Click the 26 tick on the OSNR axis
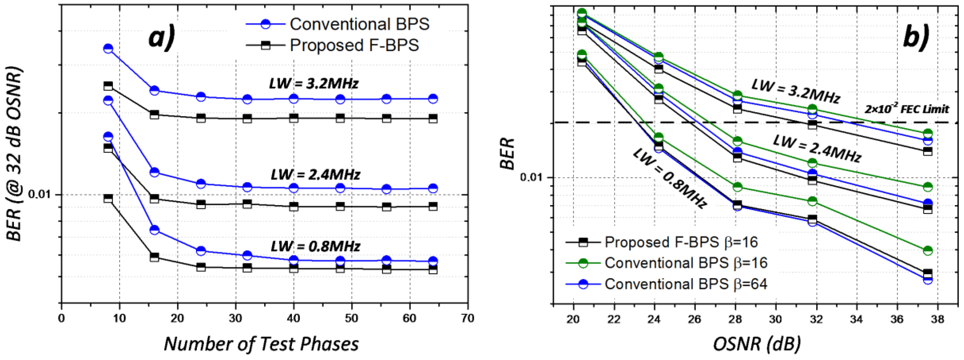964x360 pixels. pos(695,319)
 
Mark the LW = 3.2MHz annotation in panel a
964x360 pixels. pos(314,83)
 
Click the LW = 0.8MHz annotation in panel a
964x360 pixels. pos(315,246)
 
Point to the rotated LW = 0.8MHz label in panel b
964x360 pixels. pos(669,178)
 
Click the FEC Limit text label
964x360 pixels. pos(906,109)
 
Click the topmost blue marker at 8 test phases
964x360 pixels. pos(108,48)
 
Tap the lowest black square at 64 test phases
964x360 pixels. pos(433,269)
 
